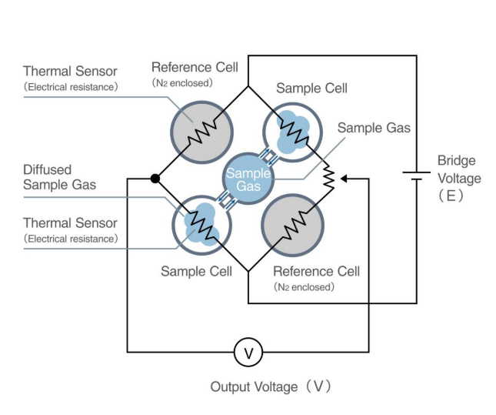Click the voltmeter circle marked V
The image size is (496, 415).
click(248, 353)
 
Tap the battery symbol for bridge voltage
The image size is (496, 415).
click(416, 176)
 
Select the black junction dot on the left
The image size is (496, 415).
click(155, 178)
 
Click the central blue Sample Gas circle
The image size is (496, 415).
click(248, 179)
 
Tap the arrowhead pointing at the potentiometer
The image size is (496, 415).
click(344, 178)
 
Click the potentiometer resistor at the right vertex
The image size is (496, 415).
click(329, 178)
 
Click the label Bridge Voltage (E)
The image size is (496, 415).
click(459, 178)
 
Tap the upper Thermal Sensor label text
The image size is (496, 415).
click(70, 79)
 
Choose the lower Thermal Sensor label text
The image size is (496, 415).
click(70, 230)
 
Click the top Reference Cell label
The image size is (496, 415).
click(195, 73)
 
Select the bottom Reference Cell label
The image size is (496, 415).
click(316, 278)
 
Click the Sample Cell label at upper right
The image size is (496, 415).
click(311, 88)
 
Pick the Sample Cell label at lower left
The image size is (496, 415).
click(196, 272)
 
